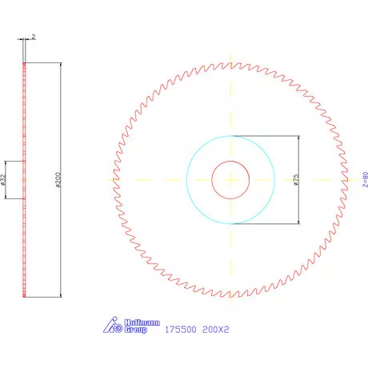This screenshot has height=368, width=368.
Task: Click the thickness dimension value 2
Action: (33, 37)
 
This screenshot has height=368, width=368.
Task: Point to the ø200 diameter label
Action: (56, 179)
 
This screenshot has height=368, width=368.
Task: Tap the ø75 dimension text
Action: (295, 179)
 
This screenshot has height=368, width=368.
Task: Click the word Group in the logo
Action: (135, 330)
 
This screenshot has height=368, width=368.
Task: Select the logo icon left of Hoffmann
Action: (113, 326)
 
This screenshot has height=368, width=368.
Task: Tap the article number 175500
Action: (179, 329)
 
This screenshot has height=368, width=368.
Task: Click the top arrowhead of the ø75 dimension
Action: (298, 138)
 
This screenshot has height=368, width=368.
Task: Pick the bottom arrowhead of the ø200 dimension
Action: (61, 295)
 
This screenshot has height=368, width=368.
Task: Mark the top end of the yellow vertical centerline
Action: (231, 58)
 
